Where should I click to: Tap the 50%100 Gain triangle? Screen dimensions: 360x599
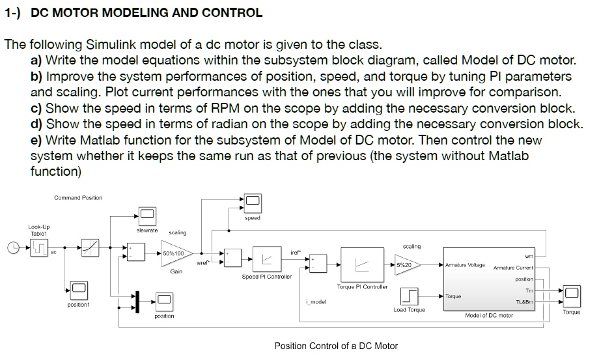[x=174, y=253]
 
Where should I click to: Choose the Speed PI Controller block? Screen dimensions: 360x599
[x=266, y=258]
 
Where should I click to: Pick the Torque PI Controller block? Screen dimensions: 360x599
[x=362, y=264]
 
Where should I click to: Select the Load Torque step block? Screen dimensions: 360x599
[x=409, y=297]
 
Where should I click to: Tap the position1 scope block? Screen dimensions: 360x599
[x=79, y=288]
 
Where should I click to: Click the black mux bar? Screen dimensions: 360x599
[x=137, y=300]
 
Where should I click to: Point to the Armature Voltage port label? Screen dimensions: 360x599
[x=465, y=265]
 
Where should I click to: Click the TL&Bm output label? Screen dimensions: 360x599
[x=524, y=302]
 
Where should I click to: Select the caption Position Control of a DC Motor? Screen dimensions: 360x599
[x=336, y=346]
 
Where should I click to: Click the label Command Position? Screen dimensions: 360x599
[x=78, y=198]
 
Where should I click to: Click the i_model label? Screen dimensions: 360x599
[x=316, y=301]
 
